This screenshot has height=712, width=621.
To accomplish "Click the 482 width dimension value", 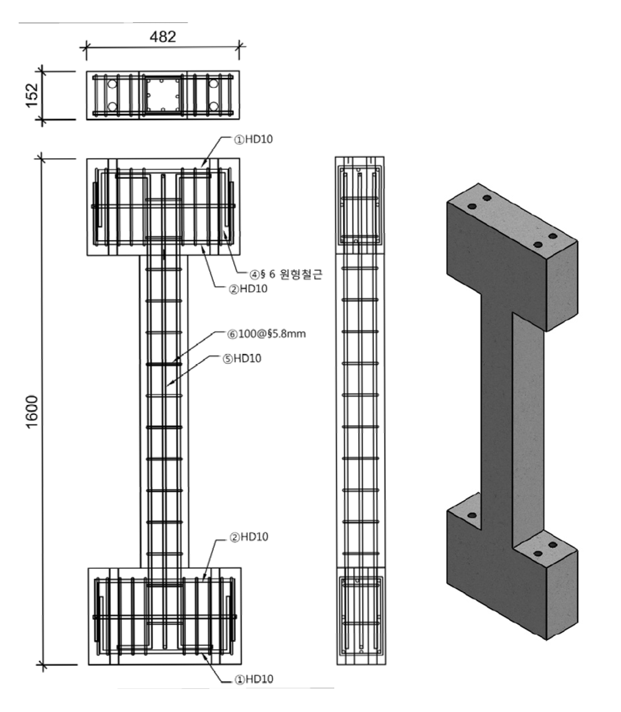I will point(163,36).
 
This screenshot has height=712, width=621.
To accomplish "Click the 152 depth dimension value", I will point(32,95).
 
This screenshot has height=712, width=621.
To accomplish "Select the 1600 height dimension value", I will point(32,411).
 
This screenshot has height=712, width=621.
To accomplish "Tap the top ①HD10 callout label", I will point(253,139).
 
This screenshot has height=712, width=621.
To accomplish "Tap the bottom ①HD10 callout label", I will point(254,679).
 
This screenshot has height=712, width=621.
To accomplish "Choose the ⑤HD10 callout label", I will point(242,358).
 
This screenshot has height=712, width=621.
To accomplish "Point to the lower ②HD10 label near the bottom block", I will point(249,537).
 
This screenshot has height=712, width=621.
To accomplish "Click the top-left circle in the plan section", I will point(112,84).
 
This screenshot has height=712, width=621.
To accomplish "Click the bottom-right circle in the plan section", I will point(214,106).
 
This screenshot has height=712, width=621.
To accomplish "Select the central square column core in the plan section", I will point(163,95).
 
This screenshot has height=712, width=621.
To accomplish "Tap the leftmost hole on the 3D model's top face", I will point(472,207).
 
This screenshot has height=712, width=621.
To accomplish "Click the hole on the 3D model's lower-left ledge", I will point(472,515).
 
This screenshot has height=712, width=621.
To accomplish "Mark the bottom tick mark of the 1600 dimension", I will point(42,665).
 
